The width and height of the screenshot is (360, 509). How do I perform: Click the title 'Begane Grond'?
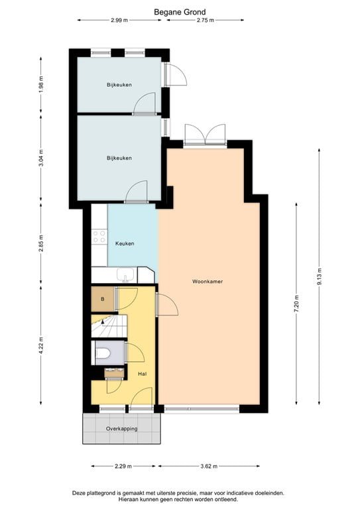tap(180, 11)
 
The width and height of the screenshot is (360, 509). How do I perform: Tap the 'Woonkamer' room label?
tap(208, 281)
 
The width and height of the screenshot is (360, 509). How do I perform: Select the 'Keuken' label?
tap(125, 243)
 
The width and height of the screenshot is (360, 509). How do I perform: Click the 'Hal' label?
tap(142, 374)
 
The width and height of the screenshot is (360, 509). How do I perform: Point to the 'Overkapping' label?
tap(122, 429)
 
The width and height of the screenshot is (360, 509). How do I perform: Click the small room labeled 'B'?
tap(102, 299)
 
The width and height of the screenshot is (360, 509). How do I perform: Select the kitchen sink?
tap(124, 275)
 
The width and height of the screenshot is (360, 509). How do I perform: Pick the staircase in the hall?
tap(109, 327)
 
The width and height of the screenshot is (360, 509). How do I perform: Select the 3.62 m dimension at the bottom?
tap(209, 467)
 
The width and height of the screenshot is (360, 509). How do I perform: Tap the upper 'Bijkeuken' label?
tap(119, 85)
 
